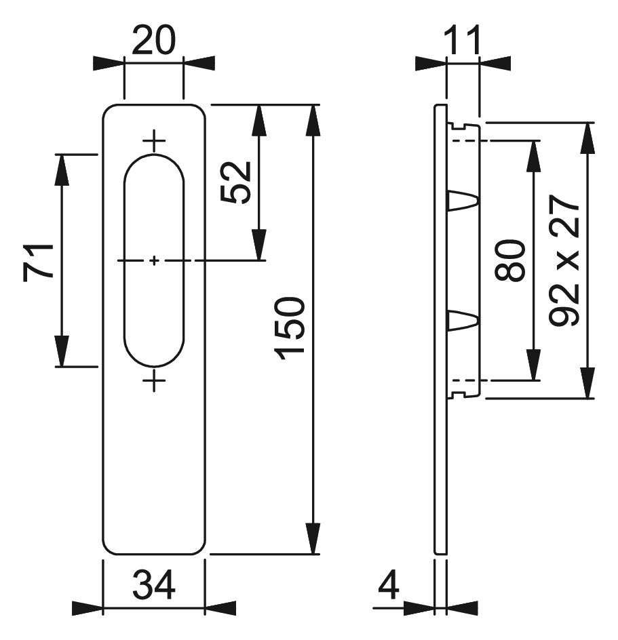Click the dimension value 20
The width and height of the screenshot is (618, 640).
pos(153,41)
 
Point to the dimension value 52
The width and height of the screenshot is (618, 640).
pos(235,182)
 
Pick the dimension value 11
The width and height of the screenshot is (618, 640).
pos(463,41)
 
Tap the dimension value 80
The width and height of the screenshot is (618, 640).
pos(509,260)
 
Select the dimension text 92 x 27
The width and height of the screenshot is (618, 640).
pos(564,260)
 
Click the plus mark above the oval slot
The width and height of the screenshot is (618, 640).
pos(154,141)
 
